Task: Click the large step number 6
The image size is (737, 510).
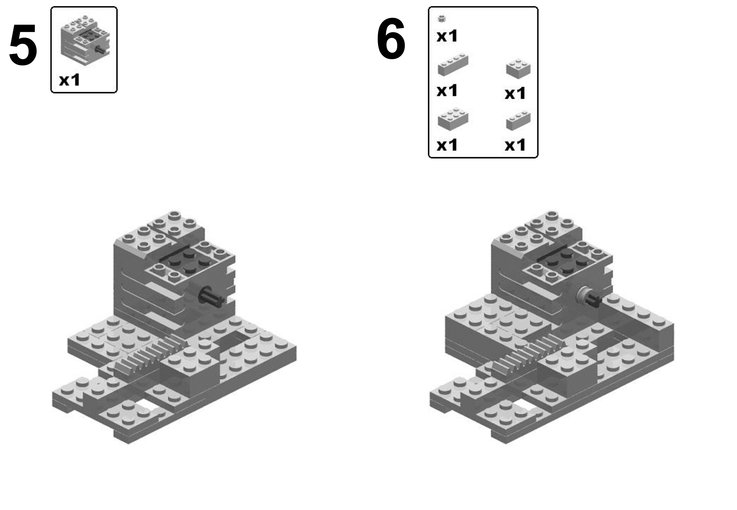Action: (391, 39)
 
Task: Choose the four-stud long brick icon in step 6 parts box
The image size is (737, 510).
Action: (453, 65)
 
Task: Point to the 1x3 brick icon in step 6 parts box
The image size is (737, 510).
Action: (518, 121)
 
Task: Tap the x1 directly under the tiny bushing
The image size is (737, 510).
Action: (447, 36)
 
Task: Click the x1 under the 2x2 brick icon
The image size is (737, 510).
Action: (515, 93)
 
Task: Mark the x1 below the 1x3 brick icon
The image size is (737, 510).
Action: (515, 145)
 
